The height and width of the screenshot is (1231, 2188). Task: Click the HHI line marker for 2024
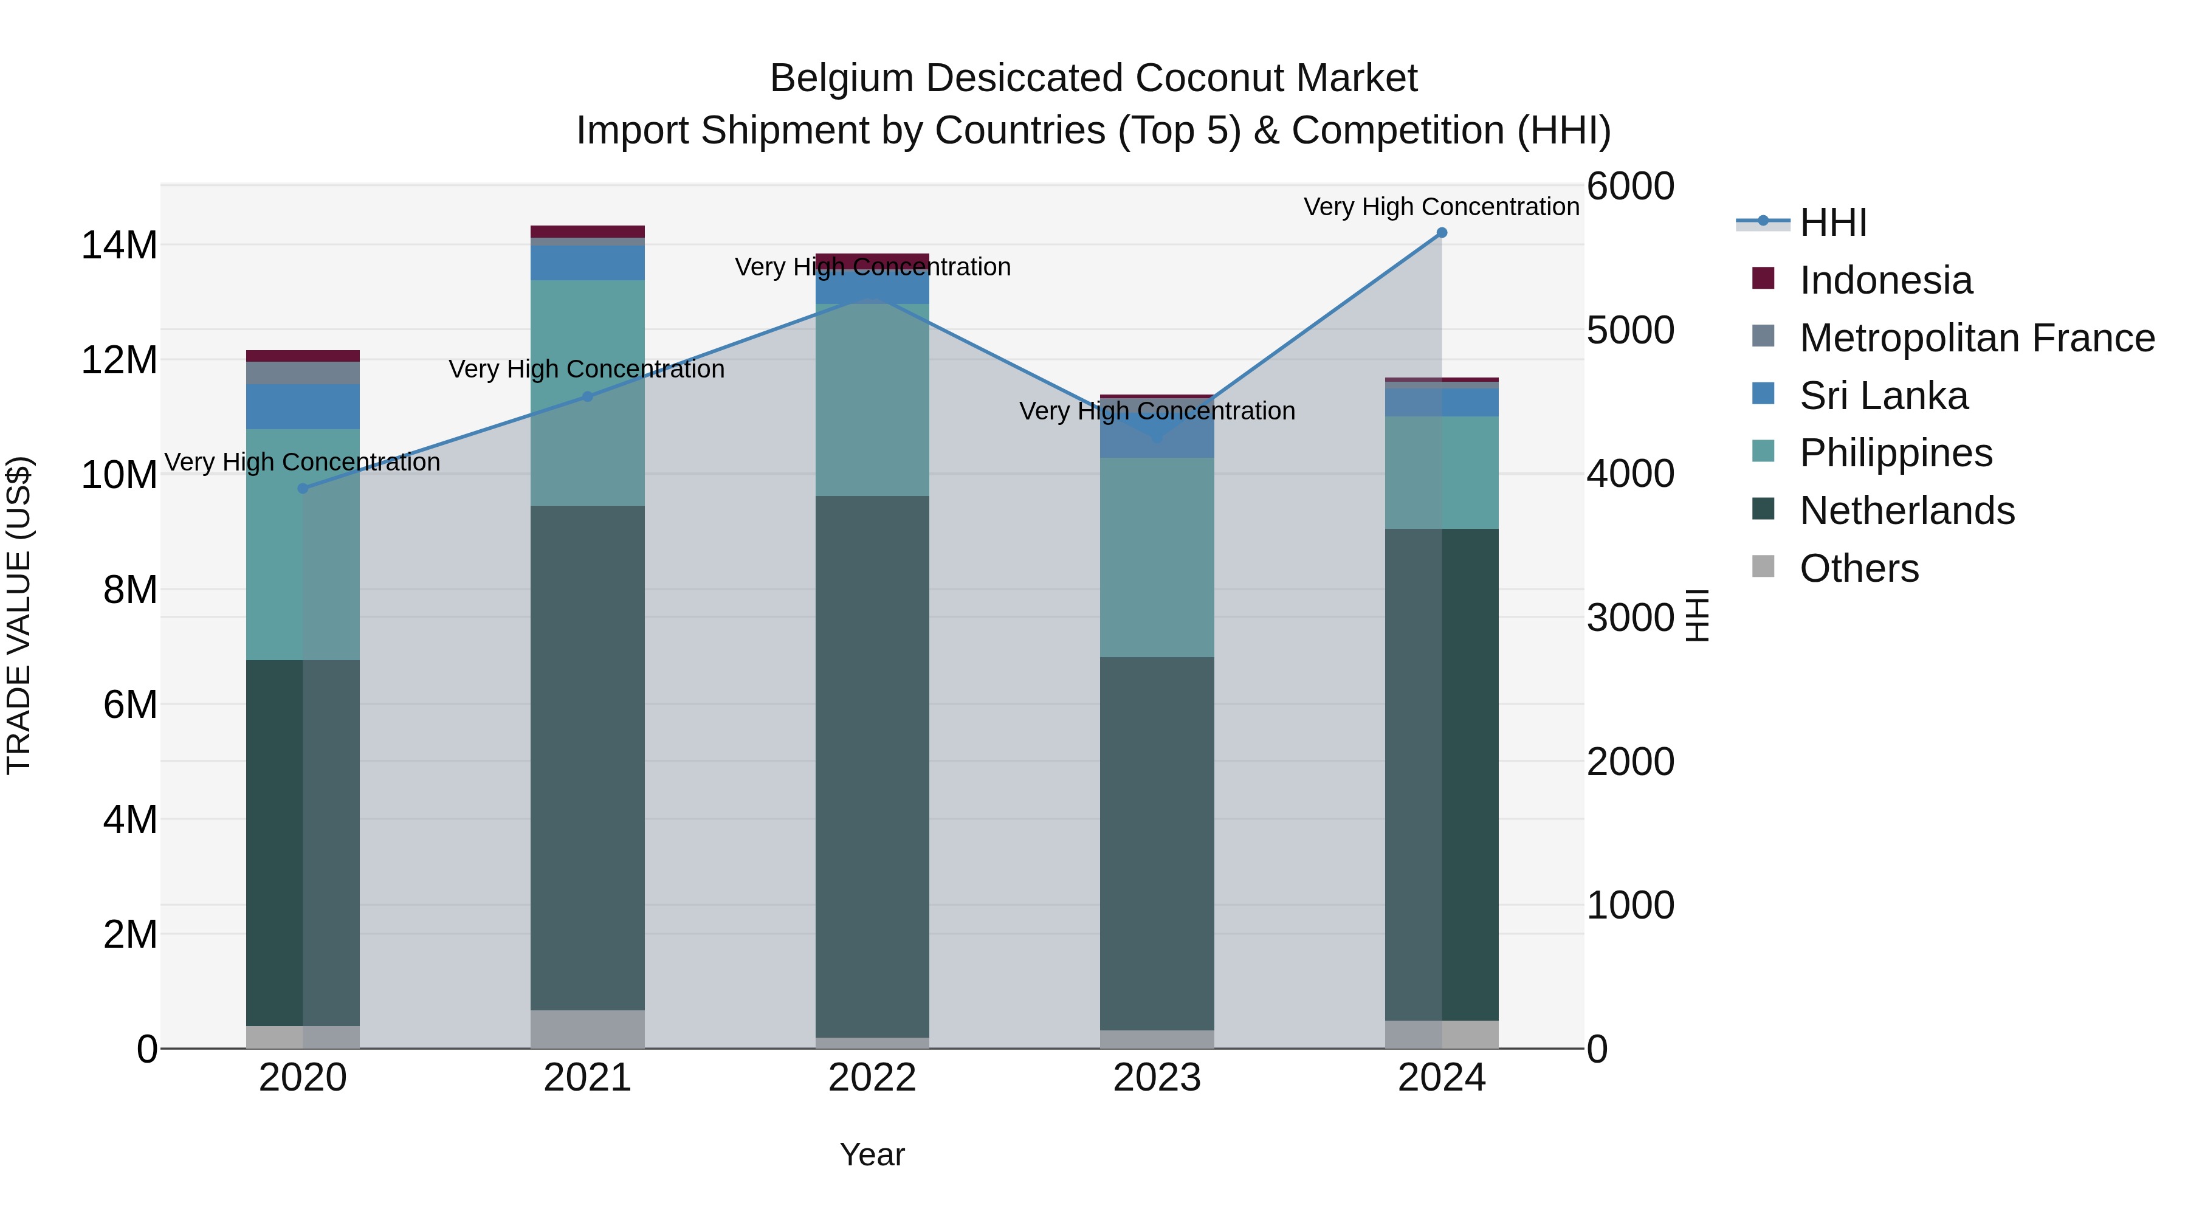[x=1442, y=233]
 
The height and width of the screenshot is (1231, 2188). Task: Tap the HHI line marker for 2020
[x=303, y=489]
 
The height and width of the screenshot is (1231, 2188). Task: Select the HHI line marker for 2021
[x=587, y=397]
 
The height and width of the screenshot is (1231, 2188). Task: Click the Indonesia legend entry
[x=1885, y=280]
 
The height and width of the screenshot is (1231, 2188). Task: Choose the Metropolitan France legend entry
[x=1976, y=338]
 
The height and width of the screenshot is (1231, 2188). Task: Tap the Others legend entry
[x=1859, y=568]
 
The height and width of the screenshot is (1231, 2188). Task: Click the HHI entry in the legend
[x=1833, y=222]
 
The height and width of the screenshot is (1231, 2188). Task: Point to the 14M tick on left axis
[x=119, y=246]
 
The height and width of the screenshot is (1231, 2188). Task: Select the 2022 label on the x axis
[x=872, y=1078]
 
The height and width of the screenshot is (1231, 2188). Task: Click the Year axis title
[x=872, y=1154]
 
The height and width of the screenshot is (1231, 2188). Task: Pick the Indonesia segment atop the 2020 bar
[x=303, y=356]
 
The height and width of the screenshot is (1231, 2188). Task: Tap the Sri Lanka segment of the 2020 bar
[x=303, y=406]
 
